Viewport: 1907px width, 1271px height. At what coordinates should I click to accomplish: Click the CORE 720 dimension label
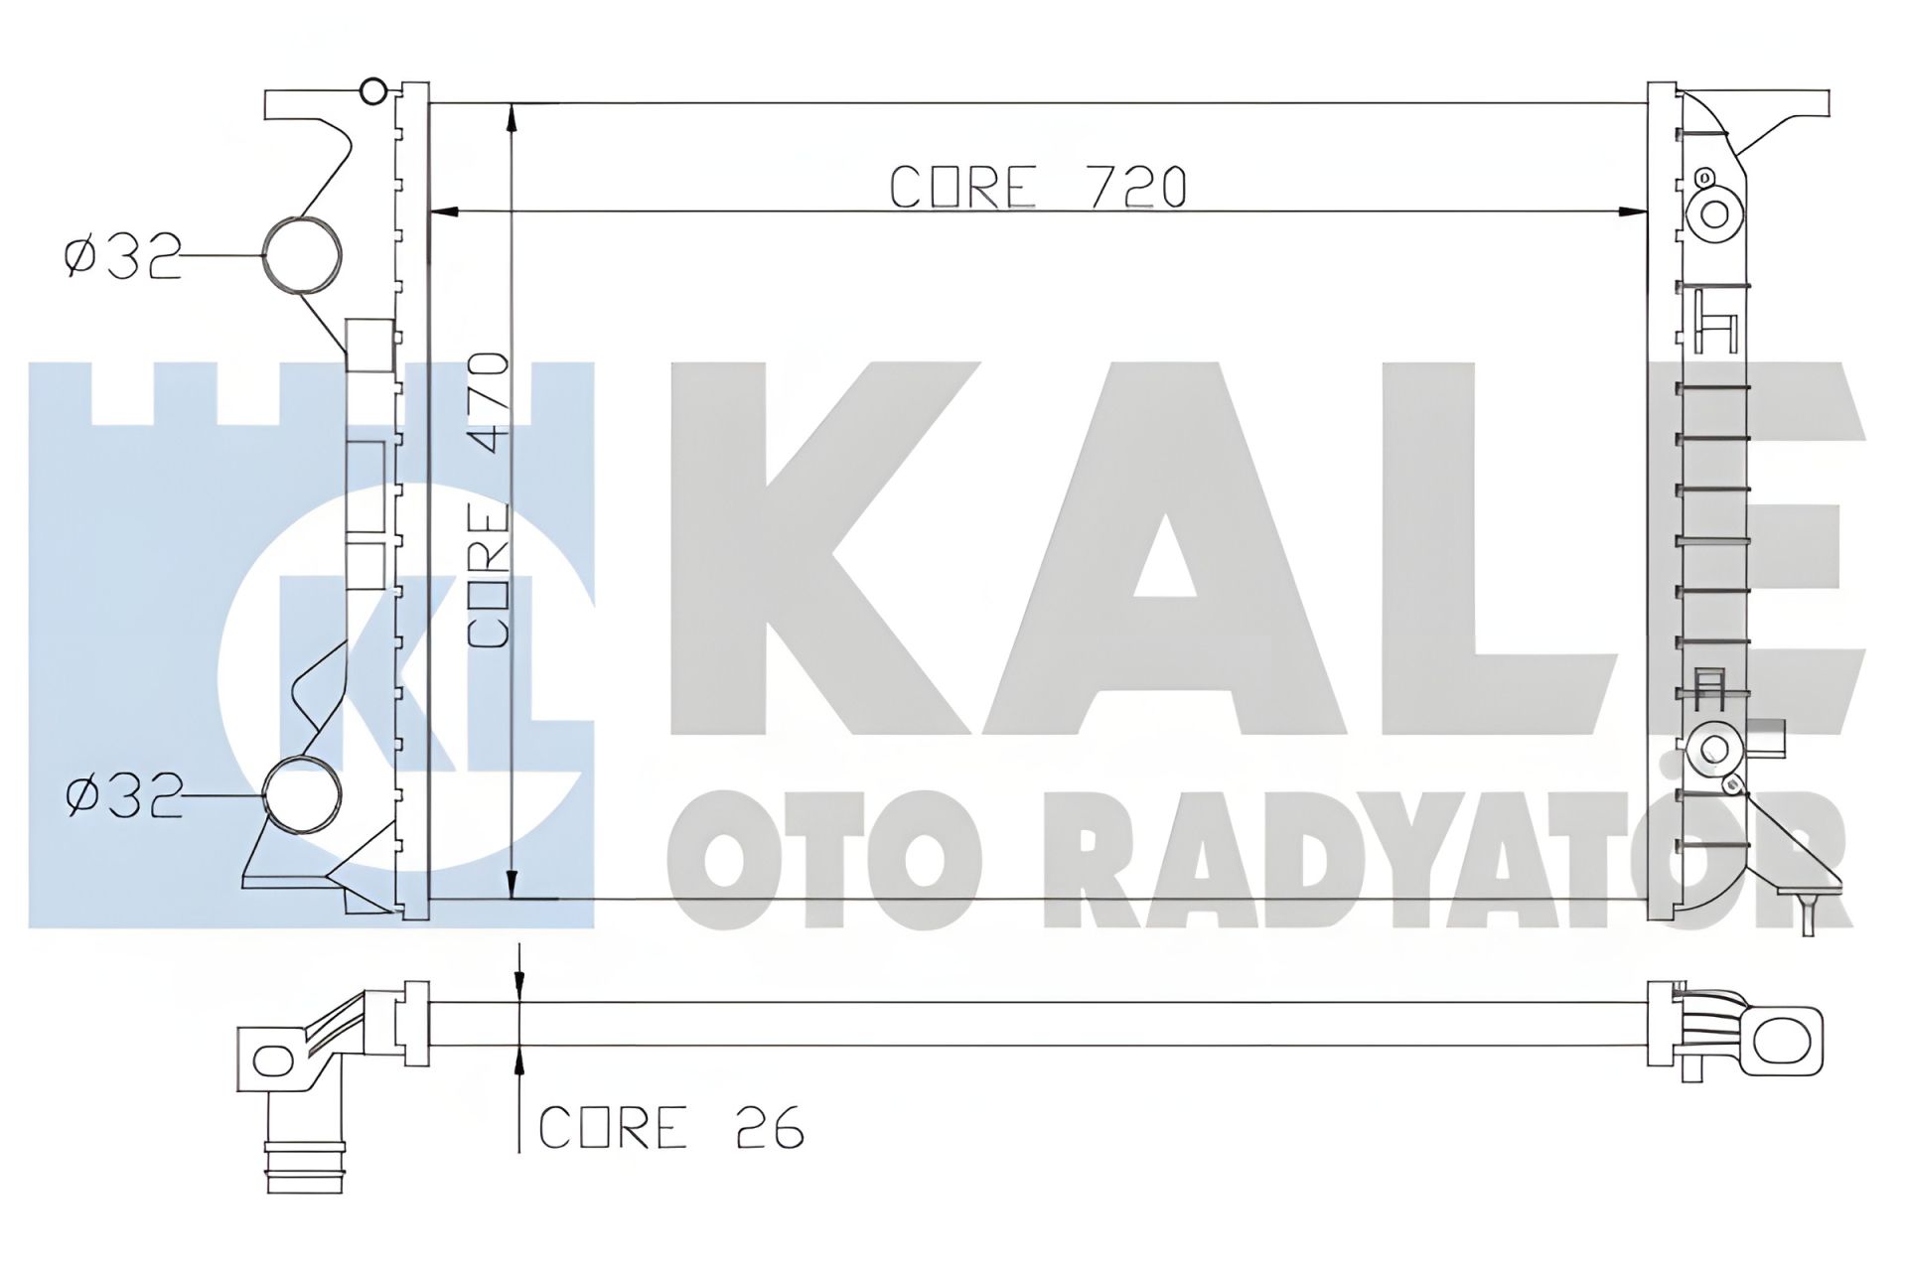[x=1038, y=188]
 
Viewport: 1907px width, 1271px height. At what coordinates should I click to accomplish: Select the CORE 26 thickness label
[x=670, y=1127]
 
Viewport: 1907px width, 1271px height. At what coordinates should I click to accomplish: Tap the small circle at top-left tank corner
[x=372, y=91]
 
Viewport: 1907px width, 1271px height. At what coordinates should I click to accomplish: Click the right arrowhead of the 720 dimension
[x=1634, y=211]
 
